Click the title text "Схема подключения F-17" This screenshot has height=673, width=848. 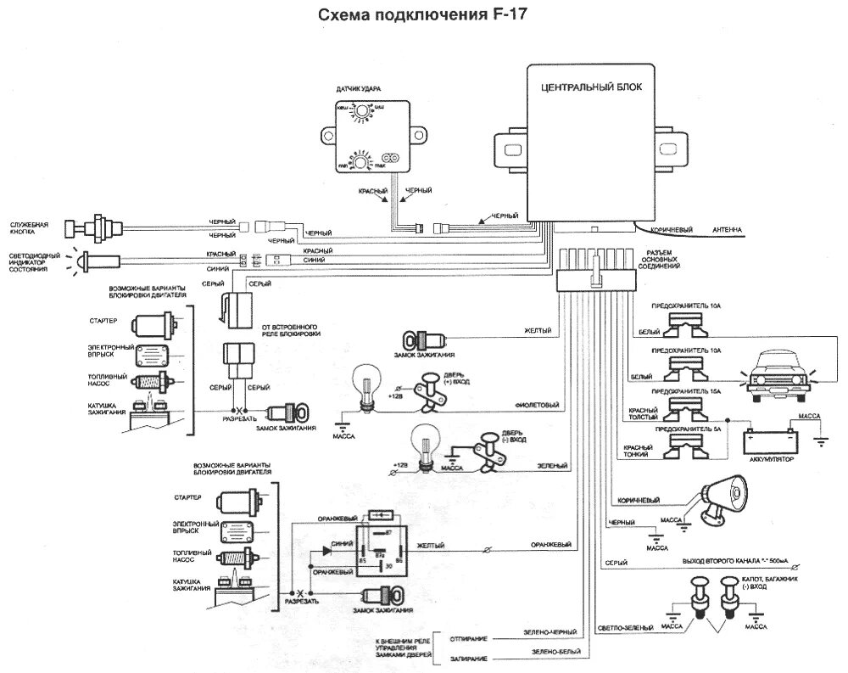pyautogui.click(x=416, y=15)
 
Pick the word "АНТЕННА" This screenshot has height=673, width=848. pyautogui.click(x=729, y=229)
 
